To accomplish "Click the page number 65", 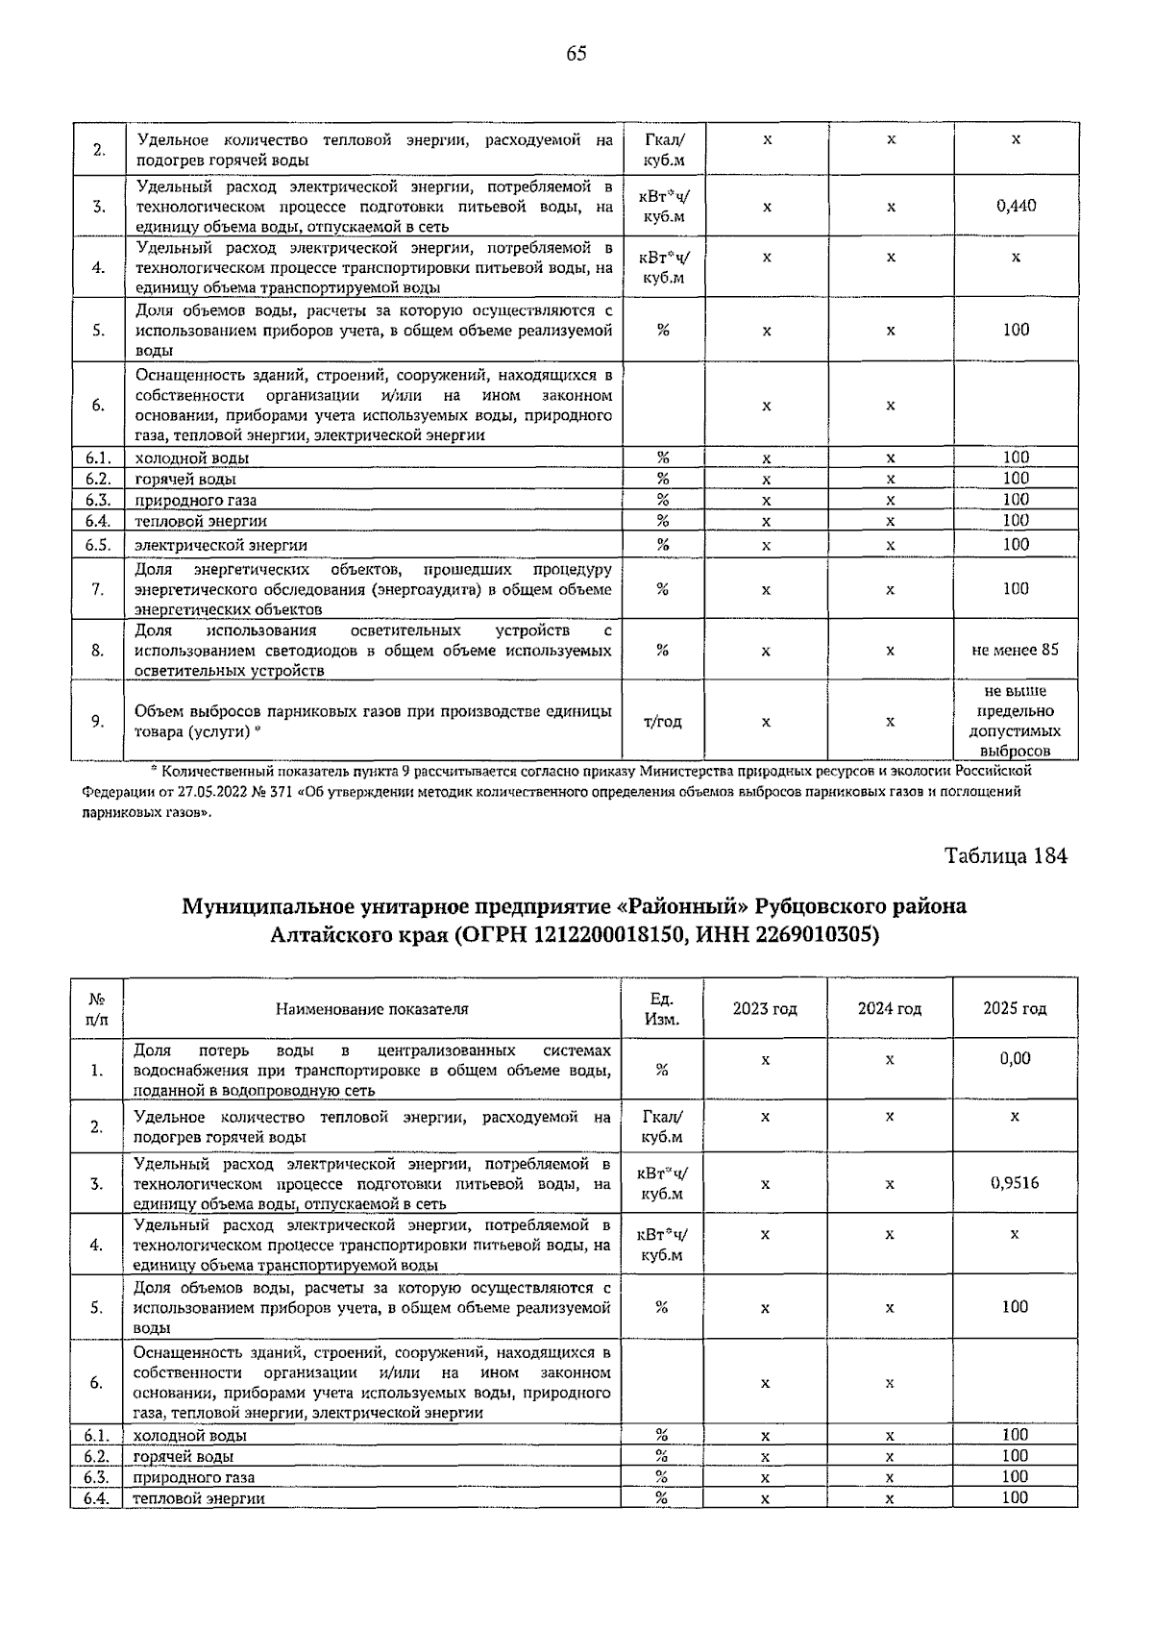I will click(x=576, y=54).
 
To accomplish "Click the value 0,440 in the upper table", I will click(x=1016, y=206).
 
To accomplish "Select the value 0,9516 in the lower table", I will click(x=1015, y=1183).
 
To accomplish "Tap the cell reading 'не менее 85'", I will click(x=1016, y=650).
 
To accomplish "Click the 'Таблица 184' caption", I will click(x=1005, y=855).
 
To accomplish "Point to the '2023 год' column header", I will click(x=765, y=1008).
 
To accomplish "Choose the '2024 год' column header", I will click(x=890, y=1008).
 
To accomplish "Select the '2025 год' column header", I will click(x=1015, y=1008).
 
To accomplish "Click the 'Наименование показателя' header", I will click(x=372, y=1008).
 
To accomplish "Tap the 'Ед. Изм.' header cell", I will click(x=662, y=1008).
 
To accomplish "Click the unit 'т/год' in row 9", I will click(x=662, y=721).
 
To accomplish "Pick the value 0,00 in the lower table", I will click(x=1015, y=1058).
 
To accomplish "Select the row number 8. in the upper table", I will click(x=98, y=650).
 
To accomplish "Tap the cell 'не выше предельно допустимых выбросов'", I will click(x=1016, y=721).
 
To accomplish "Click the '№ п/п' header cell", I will click(x=97, y=1008).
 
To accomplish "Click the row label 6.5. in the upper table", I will click(x=98, y=545).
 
